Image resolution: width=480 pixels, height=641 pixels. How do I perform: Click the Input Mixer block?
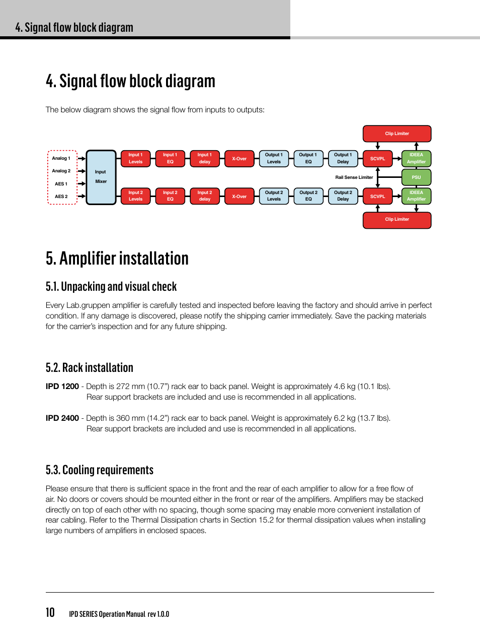click(x=101, y=177)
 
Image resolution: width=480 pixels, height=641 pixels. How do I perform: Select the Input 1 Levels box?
click(x=135, y=158)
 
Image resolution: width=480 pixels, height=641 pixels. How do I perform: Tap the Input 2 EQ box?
click(x=170, y=196)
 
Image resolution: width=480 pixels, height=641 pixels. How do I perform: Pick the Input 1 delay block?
click(x=205, y=158)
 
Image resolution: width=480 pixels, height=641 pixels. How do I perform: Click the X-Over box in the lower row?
click(x=239, y=196)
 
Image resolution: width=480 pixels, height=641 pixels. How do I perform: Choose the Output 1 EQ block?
click(x=308, y=158)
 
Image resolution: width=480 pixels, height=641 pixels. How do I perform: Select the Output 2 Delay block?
click(x=343, y=196)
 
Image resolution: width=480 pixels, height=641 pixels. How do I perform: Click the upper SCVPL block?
click(x=377, y=158)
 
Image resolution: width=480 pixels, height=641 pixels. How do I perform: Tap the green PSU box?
click(x=416, y=177)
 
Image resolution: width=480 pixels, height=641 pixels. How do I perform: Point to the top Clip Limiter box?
click(x=397, y=134)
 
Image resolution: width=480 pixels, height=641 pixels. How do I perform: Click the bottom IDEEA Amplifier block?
click(x=416, y=196)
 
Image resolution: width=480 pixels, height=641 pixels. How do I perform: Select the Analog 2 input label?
click(x=61, y=171)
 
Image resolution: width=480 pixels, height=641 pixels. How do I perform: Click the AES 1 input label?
click(x=61, y=184)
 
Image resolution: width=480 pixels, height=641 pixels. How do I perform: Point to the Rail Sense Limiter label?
click(x=354, y=177)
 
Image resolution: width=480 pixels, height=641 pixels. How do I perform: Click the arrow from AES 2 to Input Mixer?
click(x=82, y=197)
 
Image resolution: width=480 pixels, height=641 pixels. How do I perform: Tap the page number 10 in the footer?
click(x=50, y=612)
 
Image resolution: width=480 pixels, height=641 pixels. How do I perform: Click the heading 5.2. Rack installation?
click(x=90, y=368)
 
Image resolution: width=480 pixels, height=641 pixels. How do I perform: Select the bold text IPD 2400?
click(x=62, y=418)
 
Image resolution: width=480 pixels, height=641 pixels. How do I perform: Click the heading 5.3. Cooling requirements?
click(x=100, y=470)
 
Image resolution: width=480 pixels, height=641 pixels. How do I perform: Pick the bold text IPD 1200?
click(x=62, y=386)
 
